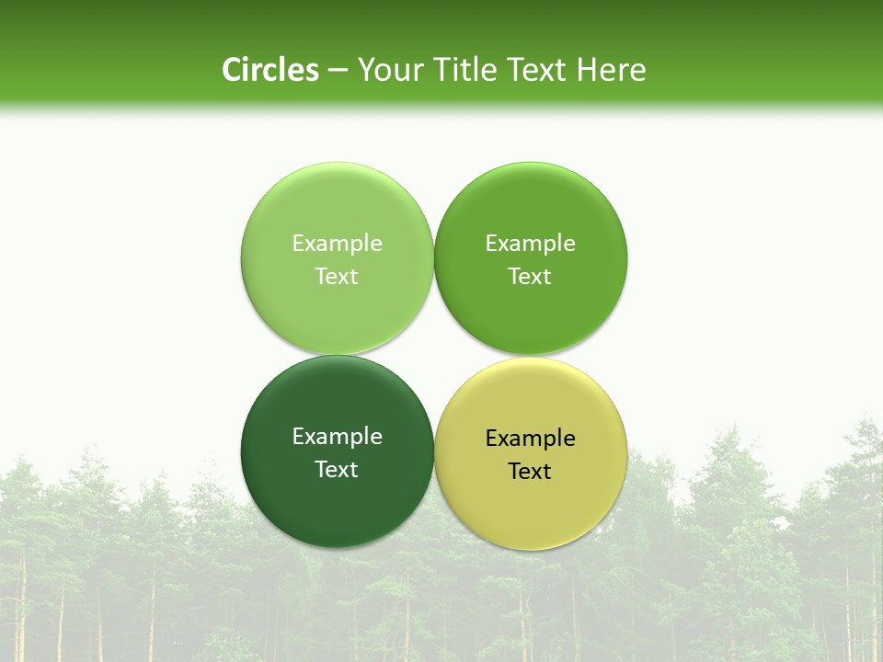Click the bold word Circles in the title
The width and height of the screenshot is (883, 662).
(269, 70)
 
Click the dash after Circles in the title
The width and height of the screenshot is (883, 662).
(337, 71)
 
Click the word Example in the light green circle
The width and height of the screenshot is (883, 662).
(337, 243)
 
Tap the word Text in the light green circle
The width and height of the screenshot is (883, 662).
(337, 276)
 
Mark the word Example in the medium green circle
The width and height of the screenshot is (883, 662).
(530, 243)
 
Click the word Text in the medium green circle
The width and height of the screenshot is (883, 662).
(530, 276)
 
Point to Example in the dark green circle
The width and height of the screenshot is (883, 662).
(337, 436)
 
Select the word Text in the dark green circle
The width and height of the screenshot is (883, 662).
(337, 469)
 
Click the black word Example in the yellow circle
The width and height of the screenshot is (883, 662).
(530, 438)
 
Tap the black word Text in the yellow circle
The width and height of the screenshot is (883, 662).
(530, 471)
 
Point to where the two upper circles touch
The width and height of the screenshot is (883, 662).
(433, 258)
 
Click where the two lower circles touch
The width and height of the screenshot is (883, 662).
(433, 452)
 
